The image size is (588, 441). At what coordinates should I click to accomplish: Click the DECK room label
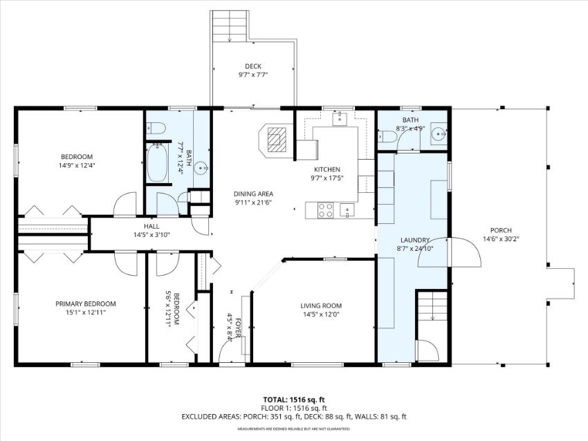253,66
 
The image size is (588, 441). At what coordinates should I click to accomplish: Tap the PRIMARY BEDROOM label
86,304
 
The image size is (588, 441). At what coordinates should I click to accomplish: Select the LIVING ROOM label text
321,306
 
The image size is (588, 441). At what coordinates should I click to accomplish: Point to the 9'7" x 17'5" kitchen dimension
327,178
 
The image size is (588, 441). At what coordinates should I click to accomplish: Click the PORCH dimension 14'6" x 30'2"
501,238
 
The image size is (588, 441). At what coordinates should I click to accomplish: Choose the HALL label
151,226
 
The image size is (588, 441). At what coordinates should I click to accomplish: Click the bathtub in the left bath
157,163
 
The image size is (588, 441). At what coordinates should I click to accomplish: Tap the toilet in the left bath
156,129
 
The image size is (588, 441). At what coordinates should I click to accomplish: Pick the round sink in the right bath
439,133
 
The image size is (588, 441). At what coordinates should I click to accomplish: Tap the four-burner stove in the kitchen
326,210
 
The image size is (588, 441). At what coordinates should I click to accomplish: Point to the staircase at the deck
230,26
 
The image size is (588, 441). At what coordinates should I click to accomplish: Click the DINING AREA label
253,194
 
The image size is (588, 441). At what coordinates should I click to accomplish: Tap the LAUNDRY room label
415,240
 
